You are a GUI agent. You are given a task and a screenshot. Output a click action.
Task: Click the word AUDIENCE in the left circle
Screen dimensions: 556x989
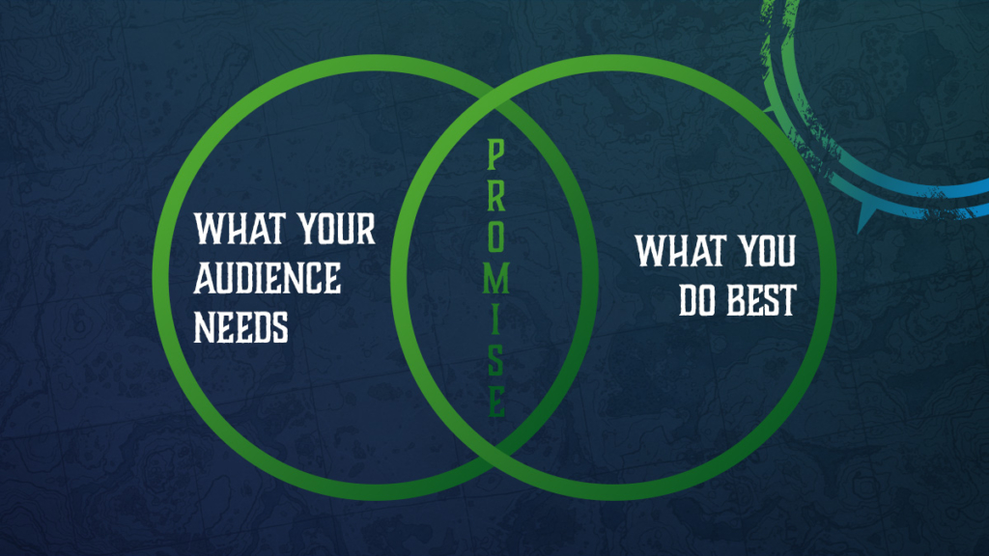268,279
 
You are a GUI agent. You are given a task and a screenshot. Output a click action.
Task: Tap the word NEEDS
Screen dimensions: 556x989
241,328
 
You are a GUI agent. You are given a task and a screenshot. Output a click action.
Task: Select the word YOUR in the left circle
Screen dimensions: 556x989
334,231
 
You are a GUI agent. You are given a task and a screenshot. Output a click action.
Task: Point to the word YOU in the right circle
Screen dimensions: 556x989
767,252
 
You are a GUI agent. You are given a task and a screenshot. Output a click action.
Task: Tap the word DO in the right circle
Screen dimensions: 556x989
694,301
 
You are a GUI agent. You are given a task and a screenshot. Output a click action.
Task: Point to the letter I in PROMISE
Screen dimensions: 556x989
494,320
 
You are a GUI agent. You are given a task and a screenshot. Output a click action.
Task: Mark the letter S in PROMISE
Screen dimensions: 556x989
494,360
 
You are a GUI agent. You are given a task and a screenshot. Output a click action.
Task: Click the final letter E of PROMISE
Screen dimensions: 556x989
494,401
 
